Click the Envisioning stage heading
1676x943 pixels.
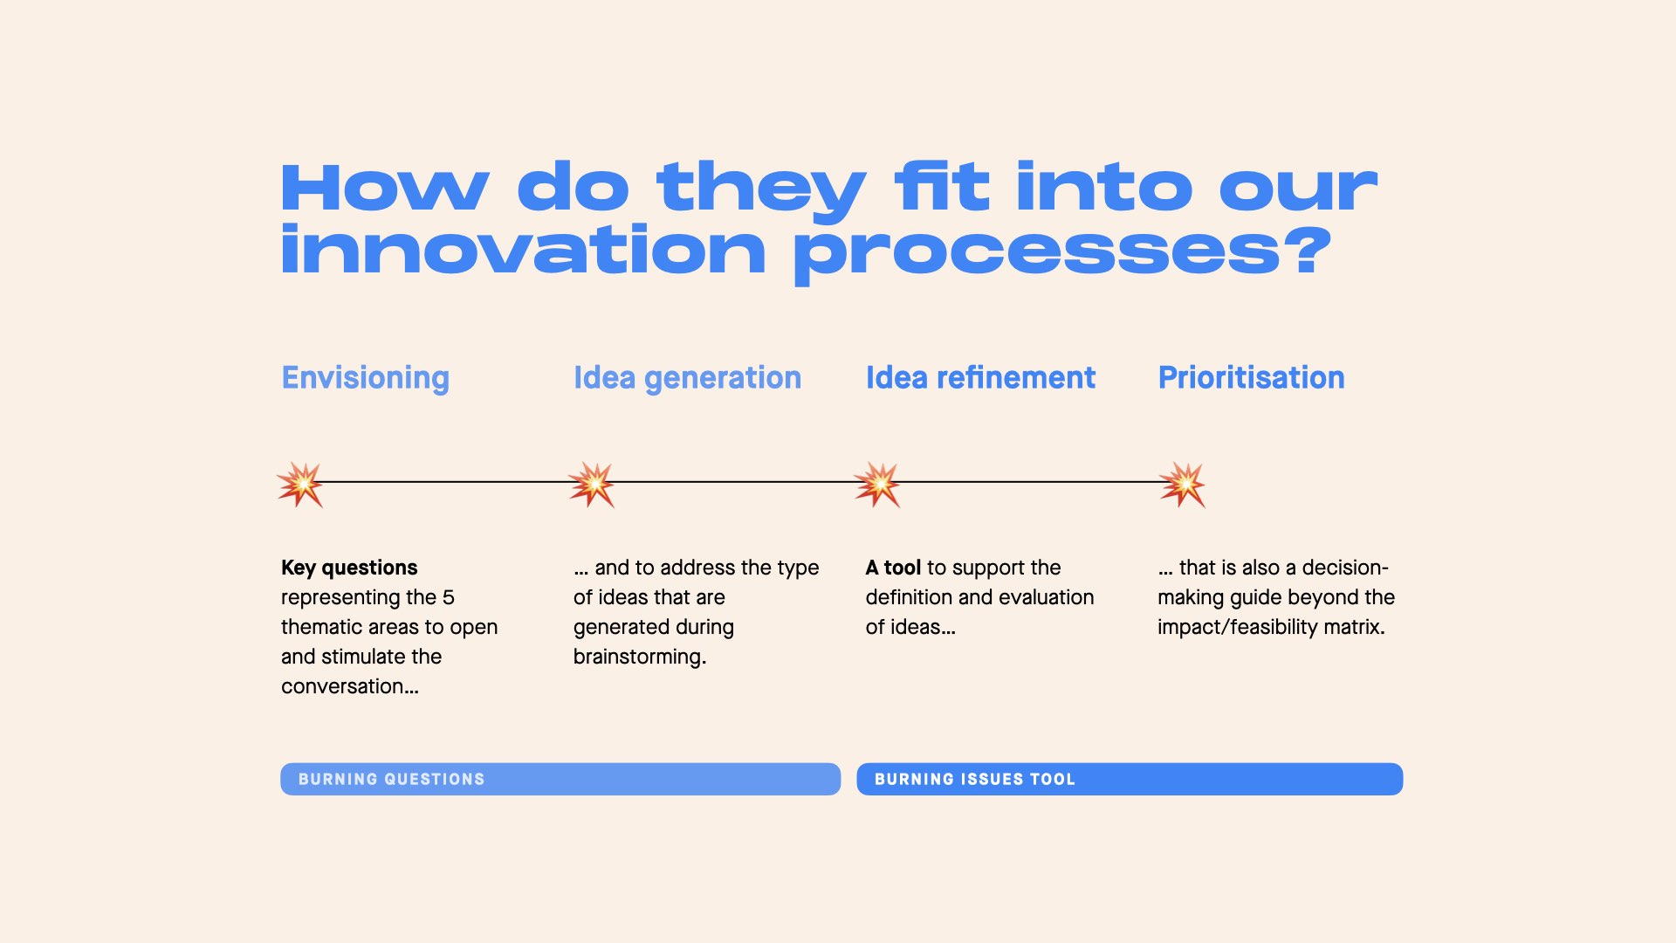point(365,379)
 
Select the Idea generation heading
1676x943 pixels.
point(687,379)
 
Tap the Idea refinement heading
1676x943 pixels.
point(980,377)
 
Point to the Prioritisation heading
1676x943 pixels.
point(1251,377)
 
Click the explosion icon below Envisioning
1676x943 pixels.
point(300,485)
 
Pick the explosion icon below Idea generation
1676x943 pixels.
point(592,485)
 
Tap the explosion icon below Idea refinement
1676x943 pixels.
point(877,485)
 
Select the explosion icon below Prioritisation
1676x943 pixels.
point(1183,485)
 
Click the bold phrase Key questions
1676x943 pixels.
point(349,568)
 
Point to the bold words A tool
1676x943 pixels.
point(893,568)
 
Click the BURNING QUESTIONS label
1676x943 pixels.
point(391,779)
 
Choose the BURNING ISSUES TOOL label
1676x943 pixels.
point(975,779)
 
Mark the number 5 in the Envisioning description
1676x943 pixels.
point(449,597)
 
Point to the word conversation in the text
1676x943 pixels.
point(342,686)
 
